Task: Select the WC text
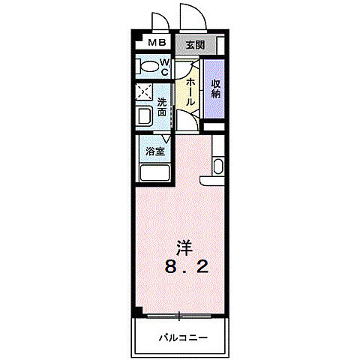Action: [163, 67]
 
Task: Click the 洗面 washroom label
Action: [163, 106]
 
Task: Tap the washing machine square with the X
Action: [145, 93]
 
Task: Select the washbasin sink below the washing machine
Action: [144, 115]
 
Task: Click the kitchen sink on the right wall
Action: [217, 166]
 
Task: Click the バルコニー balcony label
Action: [180, 337]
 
